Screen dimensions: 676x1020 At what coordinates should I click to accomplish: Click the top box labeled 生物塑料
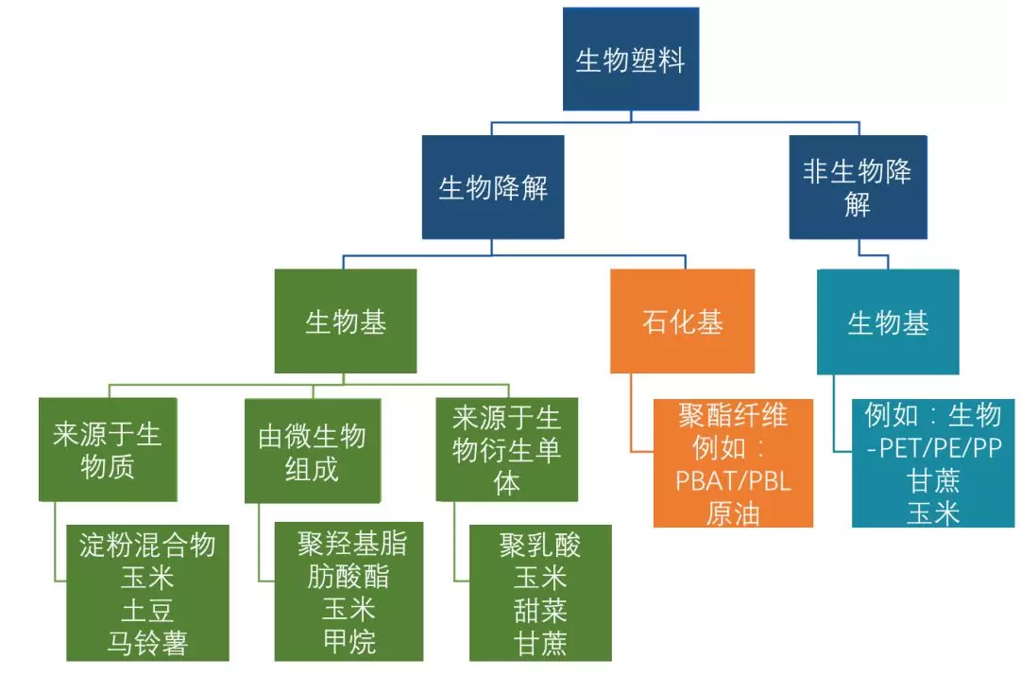[630, 60]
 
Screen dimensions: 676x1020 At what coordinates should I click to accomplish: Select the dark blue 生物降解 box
[492, 187]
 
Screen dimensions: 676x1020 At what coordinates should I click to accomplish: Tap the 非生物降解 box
[858, 187]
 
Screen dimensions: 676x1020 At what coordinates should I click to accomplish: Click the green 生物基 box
[345, 321]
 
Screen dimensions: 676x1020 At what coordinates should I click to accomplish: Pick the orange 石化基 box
[682, 321]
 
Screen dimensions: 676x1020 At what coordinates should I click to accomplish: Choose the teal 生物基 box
[888, 321]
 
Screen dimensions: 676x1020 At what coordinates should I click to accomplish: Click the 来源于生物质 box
[108, 450]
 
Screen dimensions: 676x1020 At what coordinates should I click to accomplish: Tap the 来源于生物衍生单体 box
[506, 449]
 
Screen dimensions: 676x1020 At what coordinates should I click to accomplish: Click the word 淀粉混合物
[147, 545]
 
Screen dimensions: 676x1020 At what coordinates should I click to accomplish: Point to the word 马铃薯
[147, 644]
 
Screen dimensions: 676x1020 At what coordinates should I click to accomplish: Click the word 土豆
[147, 610]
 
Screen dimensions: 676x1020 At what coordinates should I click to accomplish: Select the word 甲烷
[348, 642]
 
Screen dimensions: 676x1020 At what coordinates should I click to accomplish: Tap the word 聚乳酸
[539, 545]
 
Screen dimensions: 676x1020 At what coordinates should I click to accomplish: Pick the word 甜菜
[539, 610]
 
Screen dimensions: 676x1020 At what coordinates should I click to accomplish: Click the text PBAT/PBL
[733, 480]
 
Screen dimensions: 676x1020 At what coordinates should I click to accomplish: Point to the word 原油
[733, 512]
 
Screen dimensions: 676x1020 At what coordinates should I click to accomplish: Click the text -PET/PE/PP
[933, 448]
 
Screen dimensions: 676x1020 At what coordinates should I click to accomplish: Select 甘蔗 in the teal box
[933, 480]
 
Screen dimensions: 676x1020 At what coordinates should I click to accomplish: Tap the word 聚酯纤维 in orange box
[733, 414]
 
